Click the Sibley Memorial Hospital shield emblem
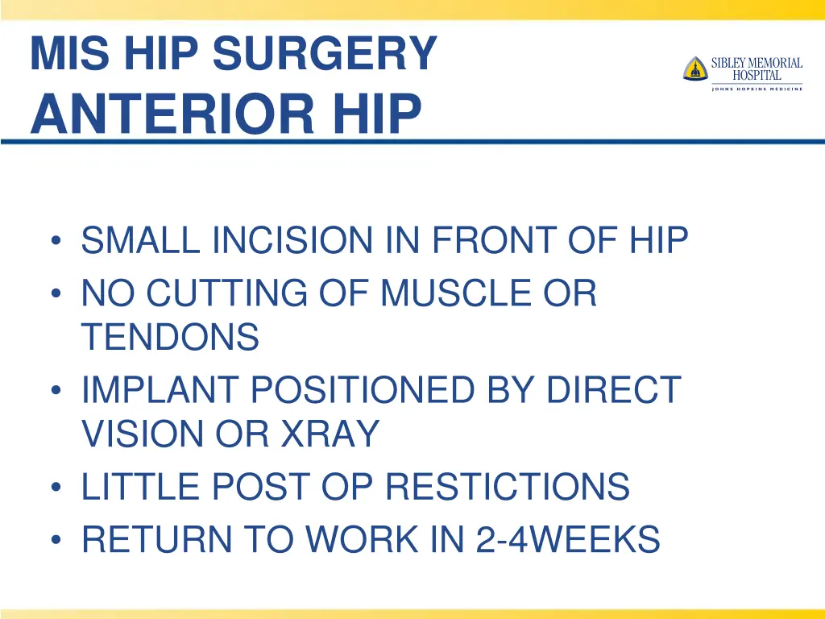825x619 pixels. [694, 69]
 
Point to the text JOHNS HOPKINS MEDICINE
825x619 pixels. [757, 89]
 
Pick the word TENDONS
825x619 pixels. [170, 337]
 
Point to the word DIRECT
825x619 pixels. [613, 390]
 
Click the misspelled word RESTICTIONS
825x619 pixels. [507, 487]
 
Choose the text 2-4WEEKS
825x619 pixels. [568, 539]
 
